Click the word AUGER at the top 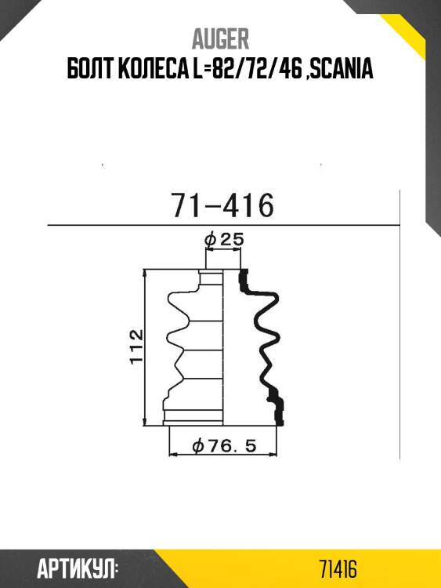click(220, 39)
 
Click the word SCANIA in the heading click(342, 71)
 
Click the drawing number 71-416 click(222, 206)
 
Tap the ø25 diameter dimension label click(223, 239)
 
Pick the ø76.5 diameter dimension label click(224, 446)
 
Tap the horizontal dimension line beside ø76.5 click(224, 455)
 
